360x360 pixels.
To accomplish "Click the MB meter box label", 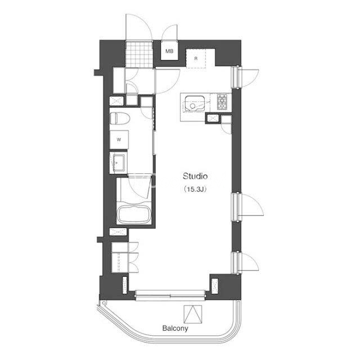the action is [169, 51].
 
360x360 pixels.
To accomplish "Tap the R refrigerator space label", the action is [196, 58].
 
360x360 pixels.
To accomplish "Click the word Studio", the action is [195, 176].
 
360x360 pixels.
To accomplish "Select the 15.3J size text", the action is [195, 190].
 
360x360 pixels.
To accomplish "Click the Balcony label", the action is [175, 328].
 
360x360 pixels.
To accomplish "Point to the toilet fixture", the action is [120, 119].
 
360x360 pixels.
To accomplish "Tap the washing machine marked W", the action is [119, 139].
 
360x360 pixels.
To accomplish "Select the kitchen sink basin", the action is [195, 103].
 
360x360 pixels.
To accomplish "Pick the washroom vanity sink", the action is [119, 162].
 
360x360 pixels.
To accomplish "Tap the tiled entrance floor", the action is [139, 54].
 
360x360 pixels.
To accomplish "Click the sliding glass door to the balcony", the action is [170, 295].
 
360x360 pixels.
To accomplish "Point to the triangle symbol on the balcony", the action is [193, 314].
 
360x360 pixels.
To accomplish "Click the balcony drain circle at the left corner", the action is [103, 303].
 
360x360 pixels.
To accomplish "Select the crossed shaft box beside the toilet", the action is [116, 101].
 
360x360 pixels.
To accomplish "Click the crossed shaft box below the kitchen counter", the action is [213, 118].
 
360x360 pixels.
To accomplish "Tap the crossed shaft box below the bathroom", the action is [118, 232].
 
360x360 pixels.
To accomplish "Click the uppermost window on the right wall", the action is [236, 77].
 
